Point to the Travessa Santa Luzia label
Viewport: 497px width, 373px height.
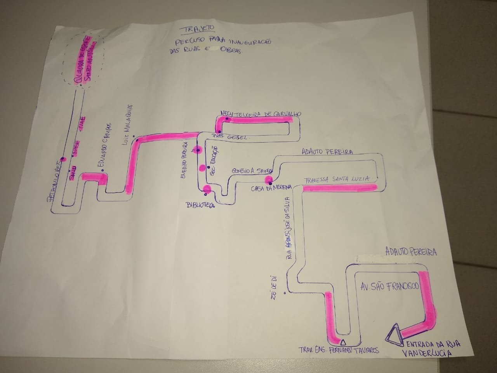[336, 180]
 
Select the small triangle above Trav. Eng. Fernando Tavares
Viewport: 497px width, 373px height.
[342, 342]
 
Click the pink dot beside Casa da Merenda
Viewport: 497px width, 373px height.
[268, 180]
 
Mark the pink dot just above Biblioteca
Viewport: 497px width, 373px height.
[207, 189]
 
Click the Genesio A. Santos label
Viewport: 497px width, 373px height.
[252, 171]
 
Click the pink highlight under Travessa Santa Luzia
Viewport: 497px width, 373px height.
[339, 188]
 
